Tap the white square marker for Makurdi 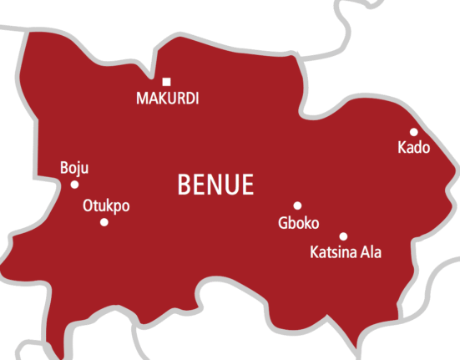pyautogui.click(x=167, y=82)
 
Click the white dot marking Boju pyautogui.click(x=74, y=185)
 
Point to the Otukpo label pyautogui.click(x=106, y=206)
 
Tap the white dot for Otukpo pyautogui.click(x=104, y=222)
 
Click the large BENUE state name pyautogui.click(x=215, y=185)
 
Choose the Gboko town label pyautogui.click(x=298, y=223)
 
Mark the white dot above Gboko pyautogui.click(x=297, y=205)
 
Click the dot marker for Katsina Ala pyautogui.click(x=343, y=236)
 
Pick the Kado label pyautogui.click(x=414, y=148)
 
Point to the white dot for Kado pyautogui.click(x=413, y=132)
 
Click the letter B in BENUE pyautogui.click(x=184, y=185)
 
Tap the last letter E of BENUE pyautogui.click(x=247, y=185)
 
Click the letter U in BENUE pyautogui.click(x=231, y=185)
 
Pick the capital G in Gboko pyautogui.click(x=282, y=223)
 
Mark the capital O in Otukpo pyautogui.click(x=88, y=206)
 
